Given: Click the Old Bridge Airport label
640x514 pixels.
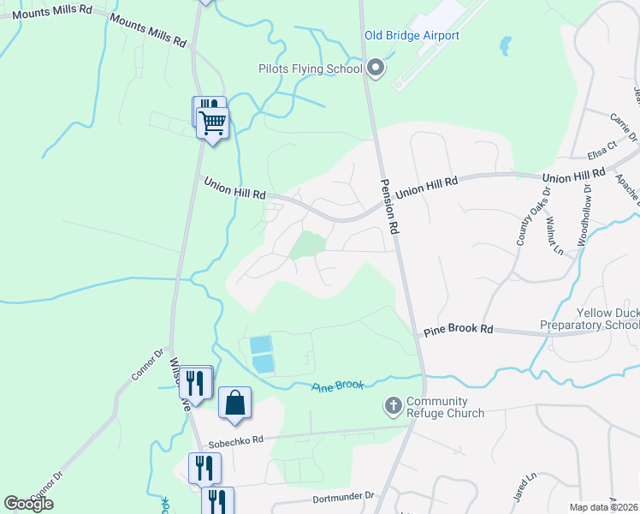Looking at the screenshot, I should click(412, 35).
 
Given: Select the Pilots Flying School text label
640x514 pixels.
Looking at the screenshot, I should click(311, 69).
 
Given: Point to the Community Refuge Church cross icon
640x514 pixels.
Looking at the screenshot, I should click(394, 406).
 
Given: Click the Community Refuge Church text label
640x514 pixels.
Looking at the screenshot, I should click(445, 407).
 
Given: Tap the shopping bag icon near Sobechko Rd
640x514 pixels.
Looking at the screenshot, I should click(234, 403).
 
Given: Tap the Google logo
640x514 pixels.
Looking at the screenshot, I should click(28, 504).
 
